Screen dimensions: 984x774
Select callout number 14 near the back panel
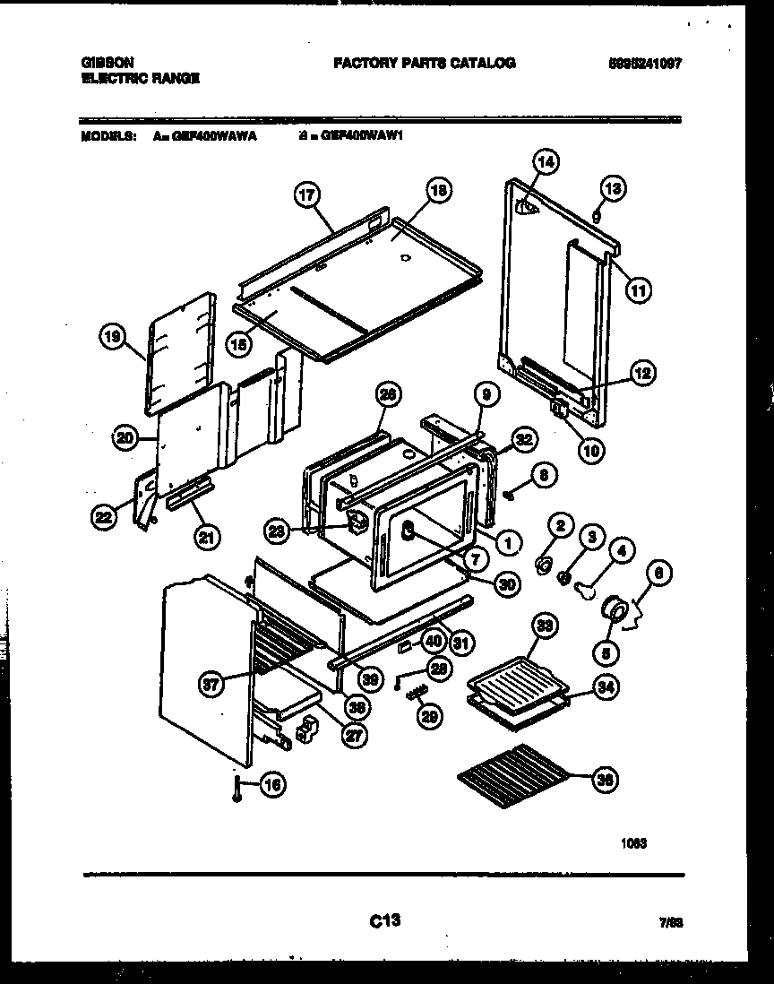[x=544, y=162]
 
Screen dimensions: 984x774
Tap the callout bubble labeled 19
[x=110, y=338]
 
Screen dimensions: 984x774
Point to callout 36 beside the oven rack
[x=606, y=780]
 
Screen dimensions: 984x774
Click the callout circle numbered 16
[x=273, y=786]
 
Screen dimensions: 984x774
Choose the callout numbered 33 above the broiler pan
[x=542, y=626]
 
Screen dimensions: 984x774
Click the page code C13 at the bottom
[x=383, y=919]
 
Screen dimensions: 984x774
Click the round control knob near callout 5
[x=616, y=609]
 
